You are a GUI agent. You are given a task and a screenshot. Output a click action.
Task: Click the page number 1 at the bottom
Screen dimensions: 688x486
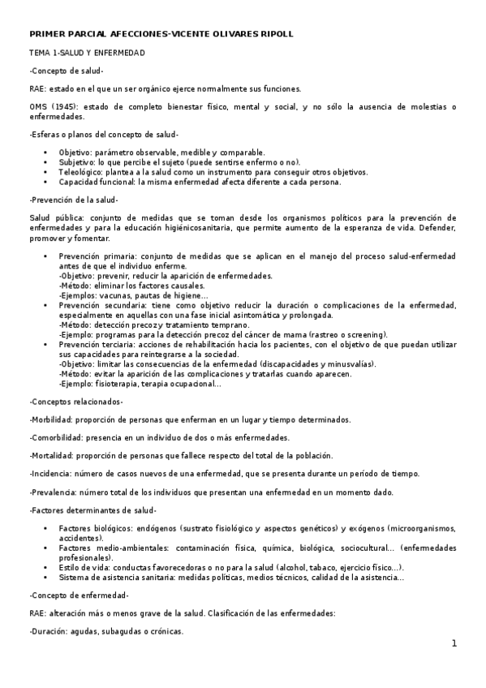point(455,643)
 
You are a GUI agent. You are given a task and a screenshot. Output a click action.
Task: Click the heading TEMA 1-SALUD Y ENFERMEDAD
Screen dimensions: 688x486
point(87,53)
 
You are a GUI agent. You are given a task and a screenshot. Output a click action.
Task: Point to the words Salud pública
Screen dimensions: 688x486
point(56,217)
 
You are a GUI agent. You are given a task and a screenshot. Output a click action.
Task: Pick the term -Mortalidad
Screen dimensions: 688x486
point(52,455)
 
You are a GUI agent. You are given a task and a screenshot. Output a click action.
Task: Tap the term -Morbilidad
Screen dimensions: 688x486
point(52,419)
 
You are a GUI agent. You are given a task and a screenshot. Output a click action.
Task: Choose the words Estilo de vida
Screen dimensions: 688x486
point(84,567)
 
